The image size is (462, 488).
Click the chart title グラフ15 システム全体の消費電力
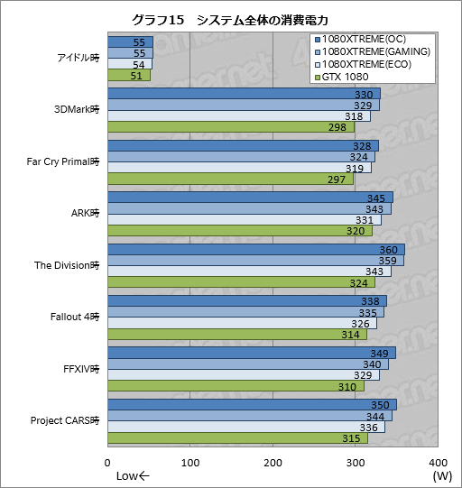point(230,20)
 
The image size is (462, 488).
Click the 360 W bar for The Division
point(255,250)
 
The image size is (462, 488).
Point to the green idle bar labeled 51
point(128,77)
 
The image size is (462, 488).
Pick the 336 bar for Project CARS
point(245,428)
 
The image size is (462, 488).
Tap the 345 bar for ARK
point(250,198)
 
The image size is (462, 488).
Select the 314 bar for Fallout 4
point(236,335)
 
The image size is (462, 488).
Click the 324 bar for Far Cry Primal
point(241,157)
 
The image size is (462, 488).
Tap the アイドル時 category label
point(77,59)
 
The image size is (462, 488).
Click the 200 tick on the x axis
point(273,462)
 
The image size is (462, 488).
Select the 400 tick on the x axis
point(439,462)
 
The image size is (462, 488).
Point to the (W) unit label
point(441,476)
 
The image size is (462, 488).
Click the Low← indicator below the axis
point(134,476)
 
